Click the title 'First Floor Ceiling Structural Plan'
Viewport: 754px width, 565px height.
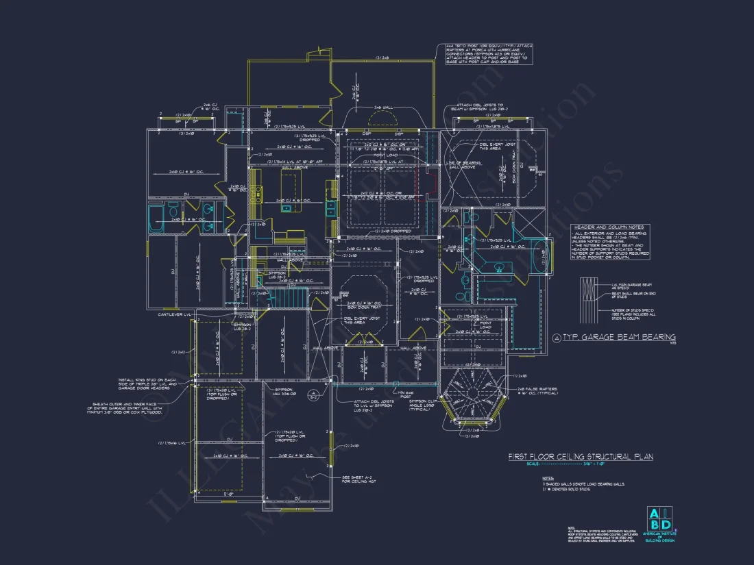pos(580,456)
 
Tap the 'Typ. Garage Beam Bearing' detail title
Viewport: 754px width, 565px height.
pos(618,337)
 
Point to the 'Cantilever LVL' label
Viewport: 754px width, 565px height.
pos(174,314)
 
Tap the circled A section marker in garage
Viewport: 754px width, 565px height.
pos(312,394)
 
